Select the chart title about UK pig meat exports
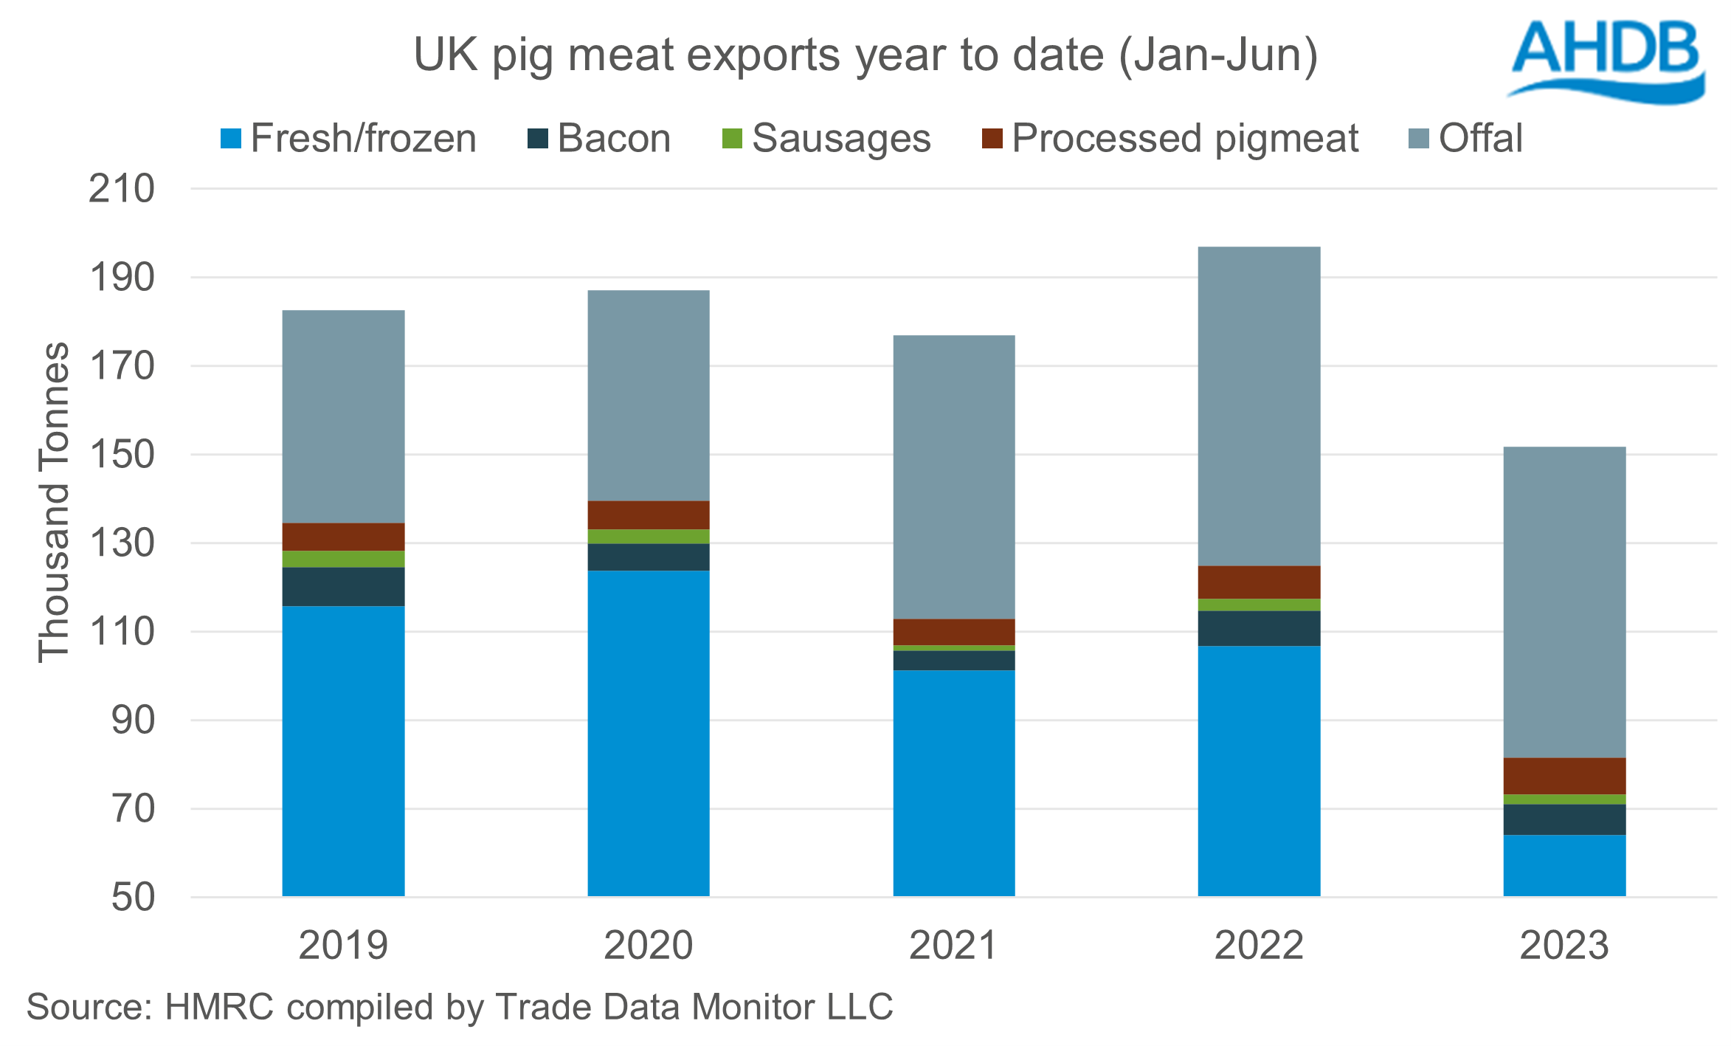(865, 55)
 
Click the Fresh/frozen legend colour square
(231, 139)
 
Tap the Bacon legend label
(614, 139)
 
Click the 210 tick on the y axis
(122, 189)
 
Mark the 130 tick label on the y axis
(122, 544)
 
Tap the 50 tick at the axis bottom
(133, 898)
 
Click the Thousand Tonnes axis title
(54, 502)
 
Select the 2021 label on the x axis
(953, 946)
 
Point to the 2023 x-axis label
(1564, 946)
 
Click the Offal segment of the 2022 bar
(1259, 406)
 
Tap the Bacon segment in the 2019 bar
(343, 587)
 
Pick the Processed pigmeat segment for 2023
(1564, 776)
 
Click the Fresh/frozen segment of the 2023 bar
(1564, 865)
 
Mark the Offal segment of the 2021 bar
(953, 477)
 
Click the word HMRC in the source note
(219, 1008)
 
